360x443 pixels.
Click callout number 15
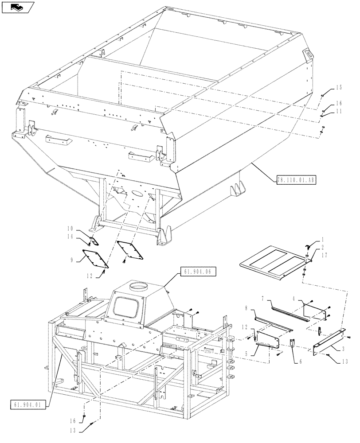pos(339,87)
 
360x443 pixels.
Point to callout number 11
pos(339,112)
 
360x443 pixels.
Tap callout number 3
pos(344,350)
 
